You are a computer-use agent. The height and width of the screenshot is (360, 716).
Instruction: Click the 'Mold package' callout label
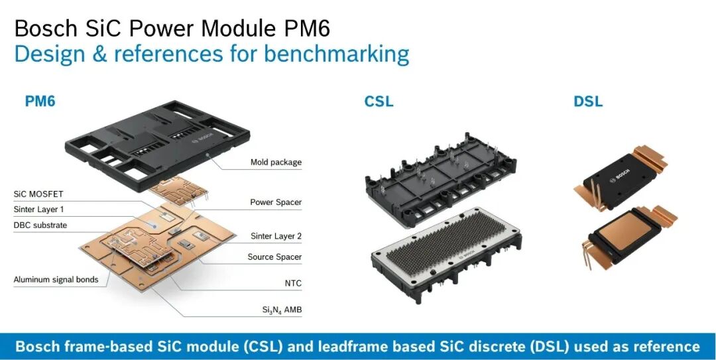tap(276, 162)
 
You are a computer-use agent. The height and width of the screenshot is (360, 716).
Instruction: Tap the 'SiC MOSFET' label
tap(38, 194)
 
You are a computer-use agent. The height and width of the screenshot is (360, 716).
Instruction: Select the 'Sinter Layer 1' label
tap(39, 210)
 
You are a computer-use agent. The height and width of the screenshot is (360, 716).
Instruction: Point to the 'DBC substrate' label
tap(40, 225)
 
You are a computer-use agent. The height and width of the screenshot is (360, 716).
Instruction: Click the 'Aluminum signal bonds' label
tap(56, 280)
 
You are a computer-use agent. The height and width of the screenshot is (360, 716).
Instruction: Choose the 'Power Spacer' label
tap(276, 202)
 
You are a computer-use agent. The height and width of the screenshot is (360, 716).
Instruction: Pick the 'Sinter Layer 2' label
tap(276, 236)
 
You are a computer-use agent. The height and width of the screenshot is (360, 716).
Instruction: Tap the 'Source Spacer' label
tap(274, 257)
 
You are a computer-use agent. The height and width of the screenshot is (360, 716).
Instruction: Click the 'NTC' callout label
tap(293, 283)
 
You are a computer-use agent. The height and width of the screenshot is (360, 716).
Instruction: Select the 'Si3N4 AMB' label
tap(282, 310)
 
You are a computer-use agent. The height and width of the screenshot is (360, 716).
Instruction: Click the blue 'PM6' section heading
tap(40, 101)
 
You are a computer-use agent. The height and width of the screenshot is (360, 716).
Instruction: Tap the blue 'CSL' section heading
tap(379, 101)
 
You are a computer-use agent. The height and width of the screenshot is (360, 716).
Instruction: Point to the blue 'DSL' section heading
tap(587, 101)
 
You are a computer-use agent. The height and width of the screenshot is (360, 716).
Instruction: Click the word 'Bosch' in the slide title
tap(46, 29)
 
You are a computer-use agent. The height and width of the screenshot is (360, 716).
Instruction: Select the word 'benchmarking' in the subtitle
tap(336, 54)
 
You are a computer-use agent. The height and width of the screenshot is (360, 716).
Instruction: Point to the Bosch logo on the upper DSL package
tap(620, 176)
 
